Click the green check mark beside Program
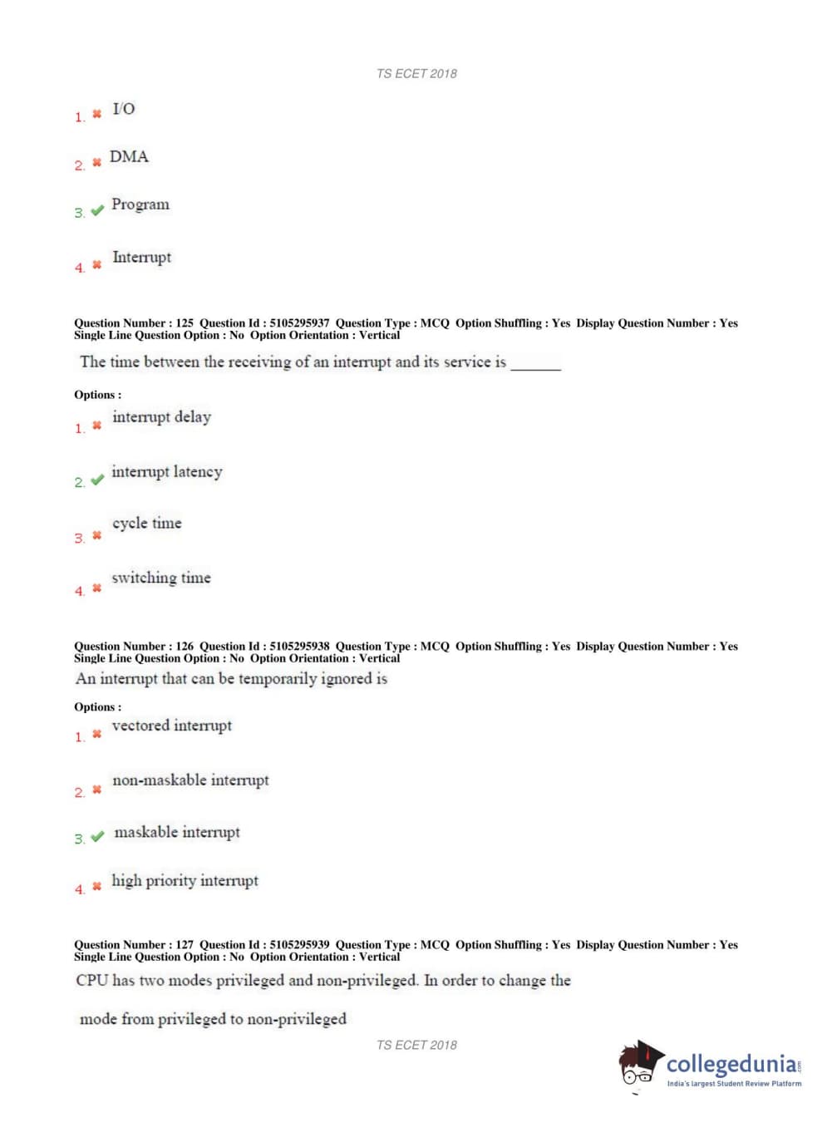tap(97, 210)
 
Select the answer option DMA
tap(129, 157)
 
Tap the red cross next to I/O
tap(96, 114)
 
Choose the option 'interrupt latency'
tap(167, 472)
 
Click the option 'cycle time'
tap(147, 524)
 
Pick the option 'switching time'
tap(161, 578)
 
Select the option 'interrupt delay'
tap(162, 417)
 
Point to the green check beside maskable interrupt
tap(97, 836)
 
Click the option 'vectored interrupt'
tap(172, 726)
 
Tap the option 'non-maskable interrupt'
tap(191, 780)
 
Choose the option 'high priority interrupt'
tap(185, 881)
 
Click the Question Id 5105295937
tap(299, 323)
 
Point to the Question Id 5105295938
tap(299, 646)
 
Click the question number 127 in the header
tap(185, 944)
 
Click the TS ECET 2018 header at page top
tap(416, 74)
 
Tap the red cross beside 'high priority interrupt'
tap(96, 887)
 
